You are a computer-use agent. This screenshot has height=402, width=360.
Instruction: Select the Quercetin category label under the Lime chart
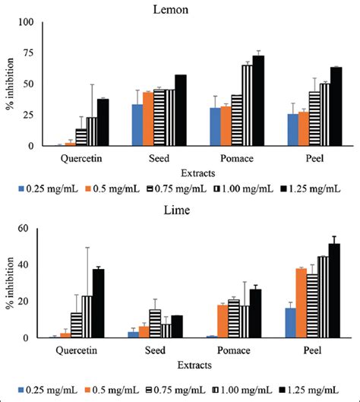[x=81, y=351]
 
